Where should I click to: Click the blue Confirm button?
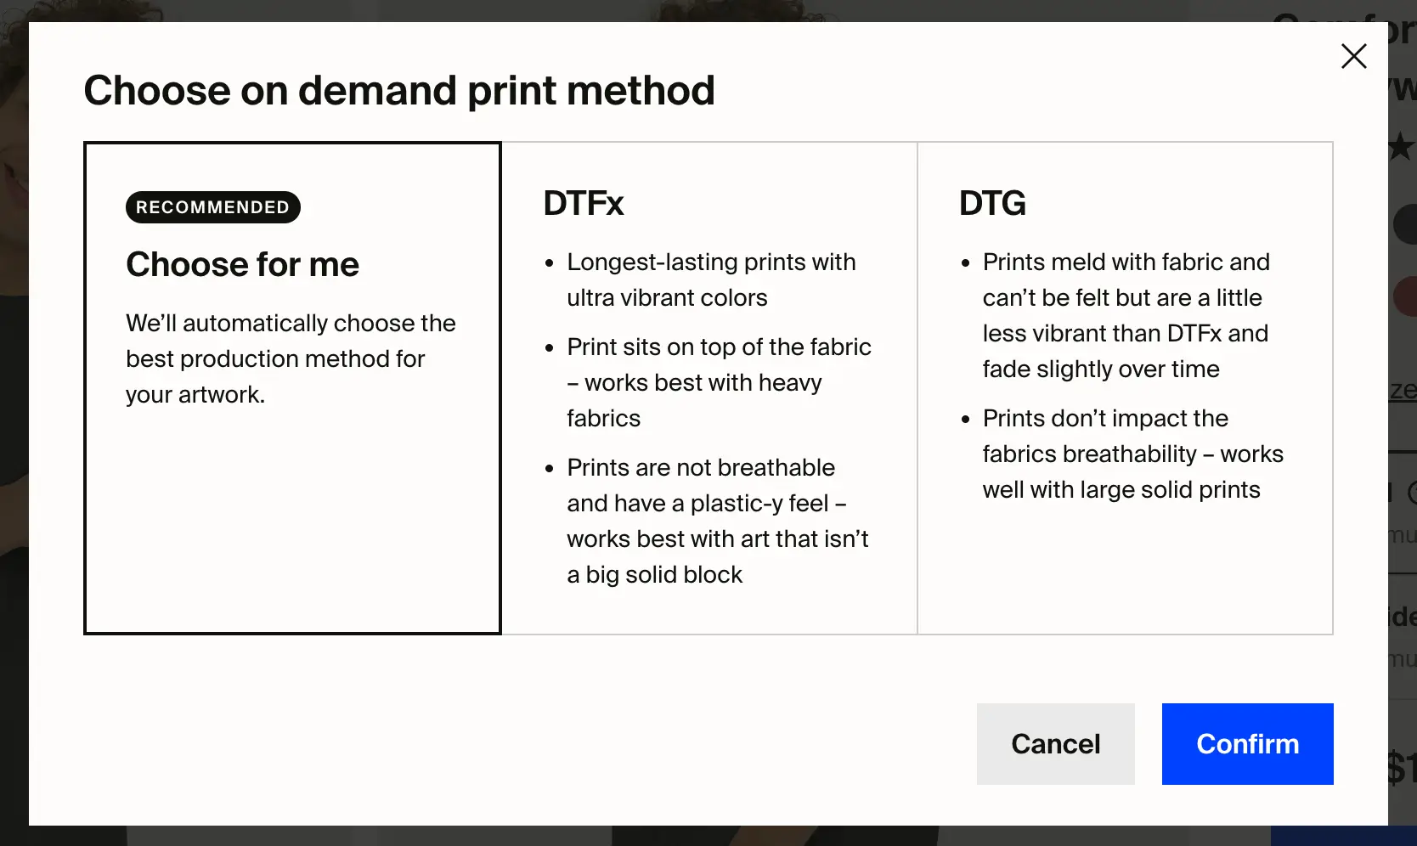tap(1247, 744)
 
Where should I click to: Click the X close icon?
tap(1353, 56)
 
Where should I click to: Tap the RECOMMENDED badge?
tap(212, 207)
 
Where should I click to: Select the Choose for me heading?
tap(242, 265)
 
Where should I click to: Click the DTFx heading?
tap(584, 204)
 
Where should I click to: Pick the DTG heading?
tap(992, 204)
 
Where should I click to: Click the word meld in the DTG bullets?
tap(1075, 262)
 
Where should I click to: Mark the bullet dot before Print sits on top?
tap(550, 348)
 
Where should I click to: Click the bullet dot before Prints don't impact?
tap(965, 420)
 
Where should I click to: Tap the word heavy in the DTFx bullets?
tap(790, 383)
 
